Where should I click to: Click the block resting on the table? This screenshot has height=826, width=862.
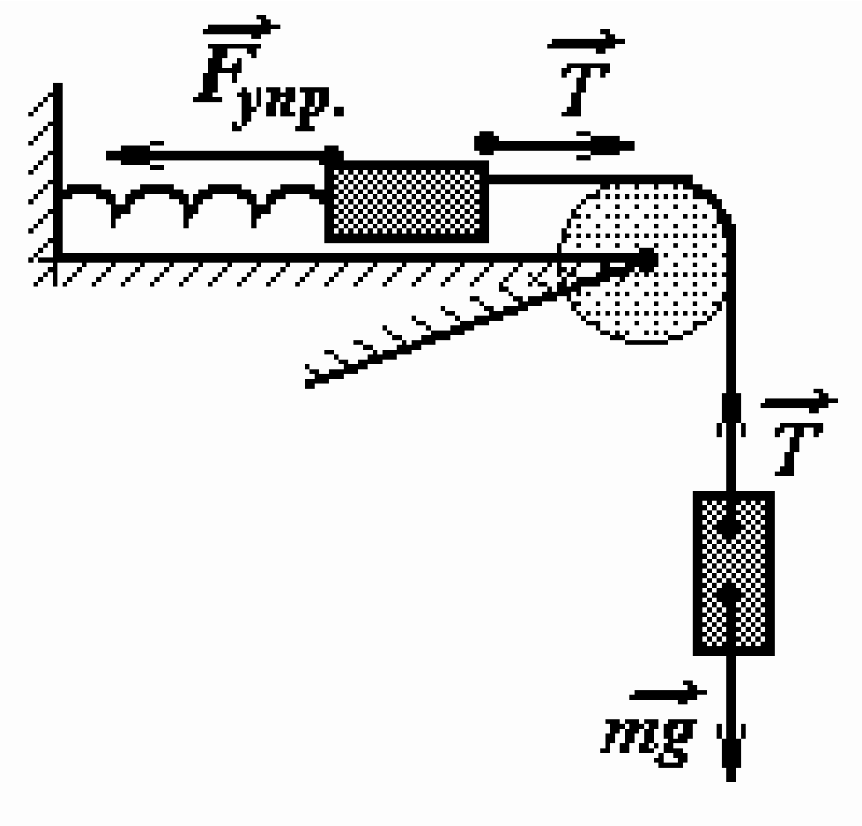pos(406,201)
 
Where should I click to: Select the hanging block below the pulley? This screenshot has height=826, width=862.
pos(733,573)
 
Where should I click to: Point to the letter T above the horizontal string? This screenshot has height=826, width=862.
pos(585,89)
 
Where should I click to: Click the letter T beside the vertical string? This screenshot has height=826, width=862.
pos(798,448)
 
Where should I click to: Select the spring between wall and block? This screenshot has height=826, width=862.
pos(192,201)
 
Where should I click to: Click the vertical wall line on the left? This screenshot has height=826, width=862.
pos(57,169)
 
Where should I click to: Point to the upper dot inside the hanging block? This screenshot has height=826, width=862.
pos(729,527)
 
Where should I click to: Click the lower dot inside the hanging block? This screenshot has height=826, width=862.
pos(729,593)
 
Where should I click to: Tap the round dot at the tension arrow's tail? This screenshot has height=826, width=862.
pos(485,143)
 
